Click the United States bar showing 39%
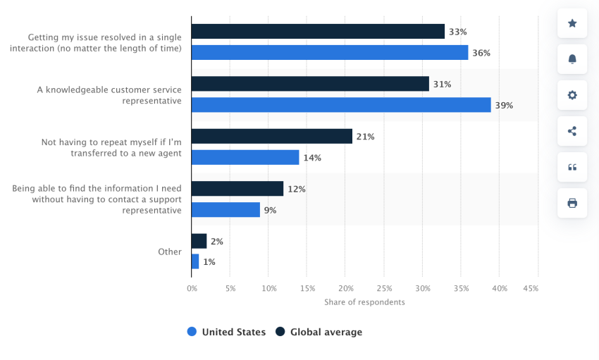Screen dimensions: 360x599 [341, 105]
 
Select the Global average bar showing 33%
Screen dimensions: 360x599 [318, 32]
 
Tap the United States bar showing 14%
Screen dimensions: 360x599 [245, 157]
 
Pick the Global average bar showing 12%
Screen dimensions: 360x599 [237, 189]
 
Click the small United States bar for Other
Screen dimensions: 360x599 [195, 261]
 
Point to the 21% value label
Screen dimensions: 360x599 [365, 137]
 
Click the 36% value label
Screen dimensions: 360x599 [481, 53]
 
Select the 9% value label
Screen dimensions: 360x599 [271, 210]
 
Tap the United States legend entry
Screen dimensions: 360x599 [226, 332]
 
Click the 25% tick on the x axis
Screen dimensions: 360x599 [384, 289]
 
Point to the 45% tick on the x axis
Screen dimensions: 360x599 [531, 289]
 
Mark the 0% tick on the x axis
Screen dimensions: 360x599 [192, 289]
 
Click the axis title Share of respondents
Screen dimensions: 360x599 [364, 302]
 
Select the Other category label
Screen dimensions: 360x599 [170, 252]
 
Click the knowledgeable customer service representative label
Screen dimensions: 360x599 [109, 95]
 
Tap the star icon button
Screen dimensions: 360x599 [572, 23]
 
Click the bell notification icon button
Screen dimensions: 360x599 [572, 59]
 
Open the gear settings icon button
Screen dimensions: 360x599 [572, 95]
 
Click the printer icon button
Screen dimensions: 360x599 [572, 203]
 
